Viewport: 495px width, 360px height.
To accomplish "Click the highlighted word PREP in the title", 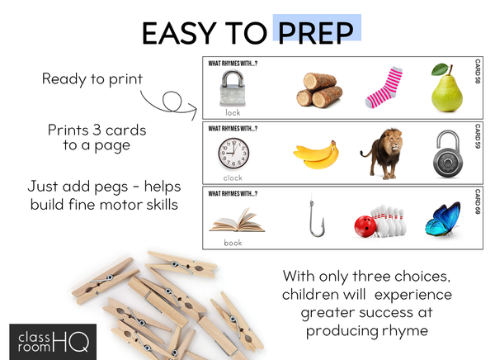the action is (x=316, y=33).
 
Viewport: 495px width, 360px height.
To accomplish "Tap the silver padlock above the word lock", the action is (x=233, y=88).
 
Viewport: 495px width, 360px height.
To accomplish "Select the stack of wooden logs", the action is (x=319, y=90).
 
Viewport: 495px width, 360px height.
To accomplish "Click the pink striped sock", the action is (x=384, y=88).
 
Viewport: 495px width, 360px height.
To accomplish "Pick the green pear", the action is (x=446, y=89).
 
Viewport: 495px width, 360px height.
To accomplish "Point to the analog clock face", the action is (x=233, y=154).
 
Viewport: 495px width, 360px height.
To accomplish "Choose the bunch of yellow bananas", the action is (x=316, y=155).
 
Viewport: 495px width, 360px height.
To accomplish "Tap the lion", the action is (x=382, y=153).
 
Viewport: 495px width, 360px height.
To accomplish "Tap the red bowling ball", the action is (x=365, y=226).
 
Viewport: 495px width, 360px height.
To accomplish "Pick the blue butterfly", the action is (x=443, y=220).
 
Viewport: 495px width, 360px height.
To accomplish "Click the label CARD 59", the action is (x=478, y=136).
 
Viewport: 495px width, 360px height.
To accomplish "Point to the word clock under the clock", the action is (x=233, y=178).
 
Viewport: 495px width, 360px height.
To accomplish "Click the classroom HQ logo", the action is (x=53, y=342).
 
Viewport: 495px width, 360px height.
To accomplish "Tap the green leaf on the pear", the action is (x=440, y=69).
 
